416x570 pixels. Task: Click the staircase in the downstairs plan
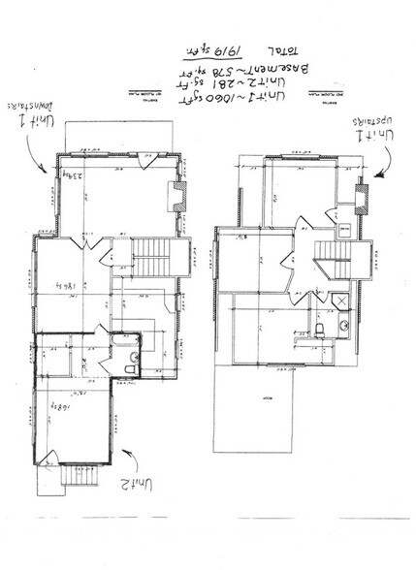150,258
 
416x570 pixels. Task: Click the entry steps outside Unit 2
80,476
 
